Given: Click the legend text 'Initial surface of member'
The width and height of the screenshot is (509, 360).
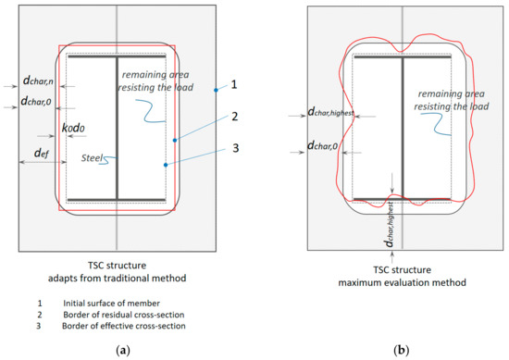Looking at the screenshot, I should (x=110, y=303).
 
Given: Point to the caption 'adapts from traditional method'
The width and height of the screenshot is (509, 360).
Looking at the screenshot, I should (x=115, y=279).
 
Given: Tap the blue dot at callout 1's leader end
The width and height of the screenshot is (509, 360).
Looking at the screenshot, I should (x=214, y=89).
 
